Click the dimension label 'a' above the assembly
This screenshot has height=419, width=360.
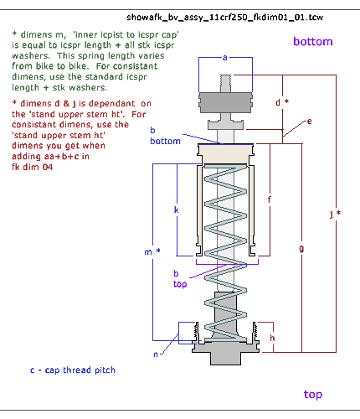pyautogui.click(x=225, y=58)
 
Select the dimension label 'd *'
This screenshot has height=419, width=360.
pyautogui.click(x=282, y=102)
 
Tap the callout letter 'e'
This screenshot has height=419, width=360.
pyautogui.click(x=309, y=122)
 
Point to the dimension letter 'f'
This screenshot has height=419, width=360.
pyautogui.click(x=270, y=199)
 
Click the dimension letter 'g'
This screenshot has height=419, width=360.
pyautogui.click(x=301, y=248)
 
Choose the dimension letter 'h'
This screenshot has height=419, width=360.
pyautogui.click(x=272, y=338)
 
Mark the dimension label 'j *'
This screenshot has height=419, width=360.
pyautogui.click(x=335, y=214)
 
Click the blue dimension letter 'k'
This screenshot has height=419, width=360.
pyautogui.click(x=176, y=209)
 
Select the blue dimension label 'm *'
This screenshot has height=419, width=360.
pyautogui.click(x=152, y=252)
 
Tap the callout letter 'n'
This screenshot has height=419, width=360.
pyautogui.click(x=156, y=354)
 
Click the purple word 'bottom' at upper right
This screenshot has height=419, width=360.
pyautogui.click(x=313, y=42)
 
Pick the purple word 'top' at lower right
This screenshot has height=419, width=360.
pyautogui.click(x=313, y=395)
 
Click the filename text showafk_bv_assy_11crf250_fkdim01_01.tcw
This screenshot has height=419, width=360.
pyautogui.click(x=225, y=18)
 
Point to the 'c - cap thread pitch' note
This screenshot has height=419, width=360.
pyautogui.click(x=73, y=370)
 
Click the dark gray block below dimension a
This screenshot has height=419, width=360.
pyautogui.click(x=225, y=102)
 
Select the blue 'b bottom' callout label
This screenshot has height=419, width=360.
pyautogui.click(x=165, y=136)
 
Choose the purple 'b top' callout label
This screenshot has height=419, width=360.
pyautogui.click(x=180, y=279)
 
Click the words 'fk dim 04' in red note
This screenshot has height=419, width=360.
pyautogui.click(x=33, y=167)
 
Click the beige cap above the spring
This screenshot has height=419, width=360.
pyautogui.click(x=225, y=154)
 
